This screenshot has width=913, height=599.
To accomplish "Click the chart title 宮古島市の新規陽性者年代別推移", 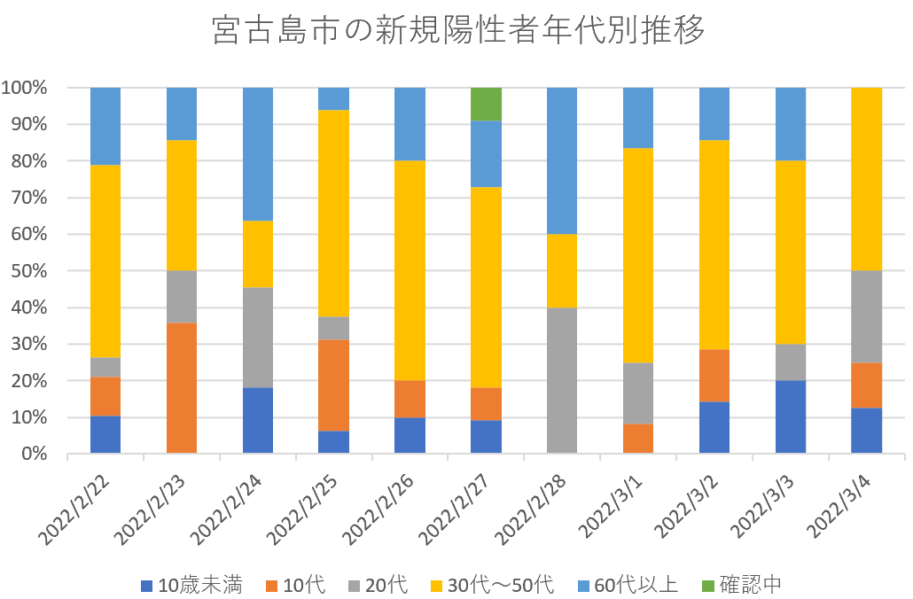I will click(459, 32).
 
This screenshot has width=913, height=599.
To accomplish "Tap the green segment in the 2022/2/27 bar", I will click(487, 104).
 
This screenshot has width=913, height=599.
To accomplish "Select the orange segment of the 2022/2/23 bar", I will click(182, 388).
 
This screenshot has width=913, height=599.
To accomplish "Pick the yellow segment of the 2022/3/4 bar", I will click(867, 179).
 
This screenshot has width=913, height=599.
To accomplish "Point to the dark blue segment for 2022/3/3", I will click(791, 416).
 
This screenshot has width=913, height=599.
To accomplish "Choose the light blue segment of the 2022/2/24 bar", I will click(258, 153).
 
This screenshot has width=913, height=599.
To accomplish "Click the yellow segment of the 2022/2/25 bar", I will click(334, 213).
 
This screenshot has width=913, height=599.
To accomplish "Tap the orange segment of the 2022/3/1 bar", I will click(638, 438).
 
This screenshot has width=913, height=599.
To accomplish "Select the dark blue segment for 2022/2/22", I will click(105, 434).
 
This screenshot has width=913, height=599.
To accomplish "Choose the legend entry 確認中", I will click(740, 585).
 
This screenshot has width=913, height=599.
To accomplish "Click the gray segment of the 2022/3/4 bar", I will click(867, 316).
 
